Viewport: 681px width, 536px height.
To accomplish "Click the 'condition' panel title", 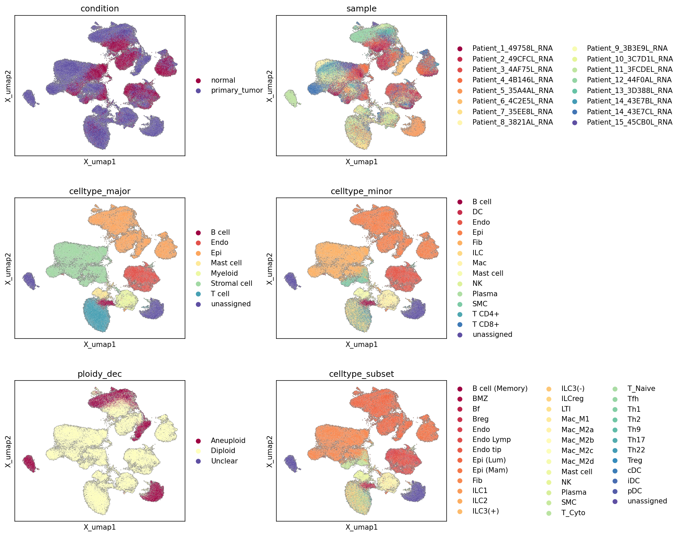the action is click(x=100, y=8).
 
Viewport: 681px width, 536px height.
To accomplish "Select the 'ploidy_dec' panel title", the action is click(x=100, y=374).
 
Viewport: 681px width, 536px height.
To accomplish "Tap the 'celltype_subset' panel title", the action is click(x=361, y=374).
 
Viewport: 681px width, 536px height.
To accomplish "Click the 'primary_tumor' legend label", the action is click(x=237, y=90).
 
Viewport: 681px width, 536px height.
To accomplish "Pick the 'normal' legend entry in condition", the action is click(x=223, y=80).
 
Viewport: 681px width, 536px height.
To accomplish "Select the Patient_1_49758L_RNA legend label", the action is click(x=512, y=48).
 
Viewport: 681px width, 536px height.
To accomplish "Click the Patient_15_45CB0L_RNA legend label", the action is click(x=630, y=122).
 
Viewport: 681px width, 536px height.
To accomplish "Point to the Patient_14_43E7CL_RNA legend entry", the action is click(x=630, y=112).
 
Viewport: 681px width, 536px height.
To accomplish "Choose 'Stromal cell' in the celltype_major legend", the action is click(x=231, y=283).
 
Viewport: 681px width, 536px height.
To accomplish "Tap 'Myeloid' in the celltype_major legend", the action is click(x=224, y=273).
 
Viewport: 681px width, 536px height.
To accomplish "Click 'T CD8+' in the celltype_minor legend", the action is click(x=486, y=324).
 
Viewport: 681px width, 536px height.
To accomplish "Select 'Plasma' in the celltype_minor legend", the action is click(x=485, y=294).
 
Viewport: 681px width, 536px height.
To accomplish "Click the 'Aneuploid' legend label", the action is click(x=228, y=441).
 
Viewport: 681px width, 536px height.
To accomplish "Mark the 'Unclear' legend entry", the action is click(x=224, y=461).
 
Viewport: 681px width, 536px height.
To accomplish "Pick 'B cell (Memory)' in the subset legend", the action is click(x=500, y=389).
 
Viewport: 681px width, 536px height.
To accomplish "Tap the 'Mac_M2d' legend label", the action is click(x=578, y=461).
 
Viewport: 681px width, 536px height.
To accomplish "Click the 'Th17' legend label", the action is click(x=636, y=440).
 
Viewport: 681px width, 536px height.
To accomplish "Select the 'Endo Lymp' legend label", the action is click(x=492, y=440).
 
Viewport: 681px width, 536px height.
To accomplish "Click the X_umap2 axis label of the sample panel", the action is click(x=269, y=86).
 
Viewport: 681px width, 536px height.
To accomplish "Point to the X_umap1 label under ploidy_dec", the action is click(x=100, y=527).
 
